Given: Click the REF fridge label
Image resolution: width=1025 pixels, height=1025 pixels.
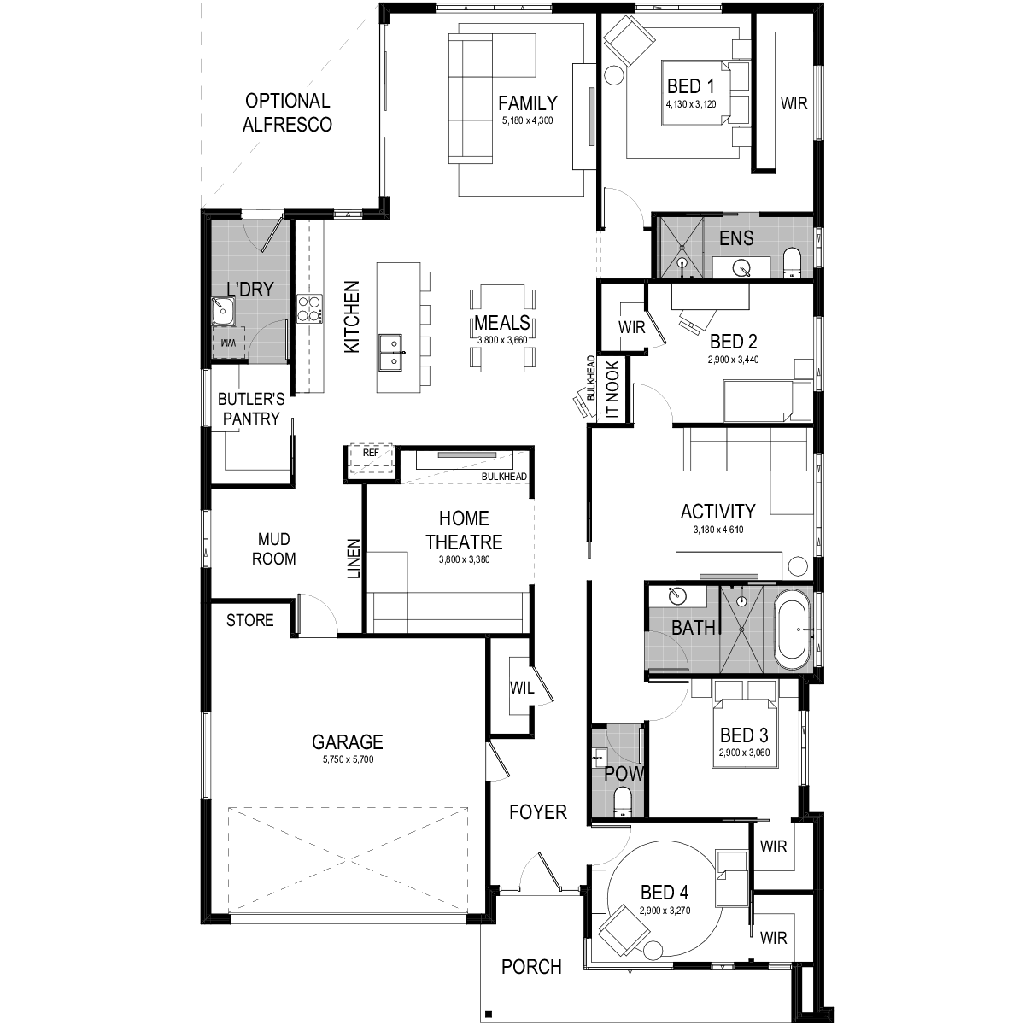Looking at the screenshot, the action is (x=371, y=453).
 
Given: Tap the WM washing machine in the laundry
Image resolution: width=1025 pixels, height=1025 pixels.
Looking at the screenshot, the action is (x=228, y=343).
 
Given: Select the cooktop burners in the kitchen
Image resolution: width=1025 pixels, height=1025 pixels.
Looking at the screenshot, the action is (x=309, y=308).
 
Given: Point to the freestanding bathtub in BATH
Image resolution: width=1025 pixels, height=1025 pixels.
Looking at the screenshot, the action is (x=792, y=630).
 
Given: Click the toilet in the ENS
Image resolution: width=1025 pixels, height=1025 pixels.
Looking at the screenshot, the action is (x=792, y=262).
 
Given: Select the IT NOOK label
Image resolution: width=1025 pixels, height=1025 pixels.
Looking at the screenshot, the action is (x=612, y=389).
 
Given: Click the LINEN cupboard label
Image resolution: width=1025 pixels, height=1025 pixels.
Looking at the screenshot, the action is (x=354, y=559).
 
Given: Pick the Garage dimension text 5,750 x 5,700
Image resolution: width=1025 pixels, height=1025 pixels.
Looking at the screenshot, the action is (x=348, y=759).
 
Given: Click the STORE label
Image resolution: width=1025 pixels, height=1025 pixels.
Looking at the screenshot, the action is (x=249, y=620).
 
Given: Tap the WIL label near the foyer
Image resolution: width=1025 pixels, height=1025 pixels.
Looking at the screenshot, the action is (x=521, y=688).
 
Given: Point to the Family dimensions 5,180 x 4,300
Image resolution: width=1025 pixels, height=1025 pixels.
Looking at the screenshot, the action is (x=527, y=120).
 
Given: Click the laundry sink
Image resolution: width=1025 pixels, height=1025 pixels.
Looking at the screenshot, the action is (x=223, y=311).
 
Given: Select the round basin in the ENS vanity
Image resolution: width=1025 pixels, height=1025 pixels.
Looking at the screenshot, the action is (x=741, y=268).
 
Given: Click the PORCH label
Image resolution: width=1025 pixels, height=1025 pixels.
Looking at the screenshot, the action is (x=531, y=967).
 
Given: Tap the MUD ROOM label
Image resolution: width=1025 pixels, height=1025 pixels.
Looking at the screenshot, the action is (x=274, y=549).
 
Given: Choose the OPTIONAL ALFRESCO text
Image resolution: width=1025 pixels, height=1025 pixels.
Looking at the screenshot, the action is (x=287, y=112).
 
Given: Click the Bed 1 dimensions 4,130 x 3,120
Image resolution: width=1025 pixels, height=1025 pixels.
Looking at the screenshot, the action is (x=691, y=104).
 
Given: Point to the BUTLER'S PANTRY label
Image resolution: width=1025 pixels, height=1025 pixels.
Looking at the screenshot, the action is (x=251, y=408).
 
